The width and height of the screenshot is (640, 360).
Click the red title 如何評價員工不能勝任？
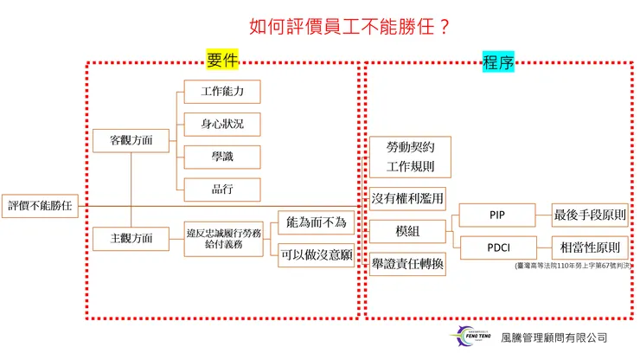[349, 27]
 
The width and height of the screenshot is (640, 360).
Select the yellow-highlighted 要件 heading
[222, 60]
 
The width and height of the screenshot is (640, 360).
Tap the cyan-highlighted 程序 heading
[499, 61]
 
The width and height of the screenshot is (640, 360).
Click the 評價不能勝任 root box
[39, 205]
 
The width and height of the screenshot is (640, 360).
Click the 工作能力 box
[222, 91]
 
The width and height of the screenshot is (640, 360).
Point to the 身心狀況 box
[222, 124]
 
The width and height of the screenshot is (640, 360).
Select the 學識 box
[222, 157]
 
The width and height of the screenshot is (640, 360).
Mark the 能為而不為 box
[316, 222]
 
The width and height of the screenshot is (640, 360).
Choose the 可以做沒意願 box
[316, 254]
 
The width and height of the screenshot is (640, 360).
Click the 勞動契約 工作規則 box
[407, 157]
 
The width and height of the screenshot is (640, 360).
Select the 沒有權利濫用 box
[407, 199]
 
